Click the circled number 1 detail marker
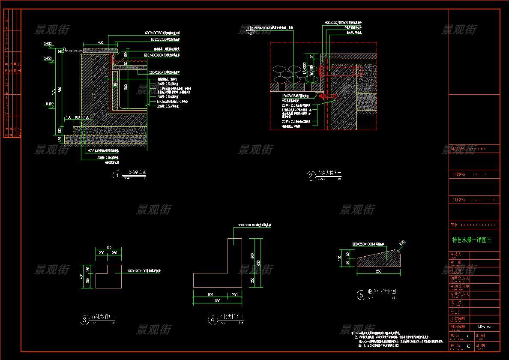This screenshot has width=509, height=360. (x=115, y=175)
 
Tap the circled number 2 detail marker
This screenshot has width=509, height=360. (x=311, y=175)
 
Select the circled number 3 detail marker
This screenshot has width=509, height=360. (x=85, y=319)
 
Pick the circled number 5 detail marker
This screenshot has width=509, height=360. (x=361, y=294)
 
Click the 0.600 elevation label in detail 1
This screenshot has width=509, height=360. (x=48, y=43)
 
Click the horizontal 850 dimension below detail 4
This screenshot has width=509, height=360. (x=218, y=301)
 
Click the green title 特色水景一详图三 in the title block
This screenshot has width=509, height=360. (x=472, y=240)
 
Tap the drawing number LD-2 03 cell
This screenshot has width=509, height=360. (x=484, y=327)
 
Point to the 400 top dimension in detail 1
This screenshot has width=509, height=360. (x=100, y=42)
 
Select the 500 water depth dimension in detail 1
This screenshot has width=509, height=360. (x=126, y=87)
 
